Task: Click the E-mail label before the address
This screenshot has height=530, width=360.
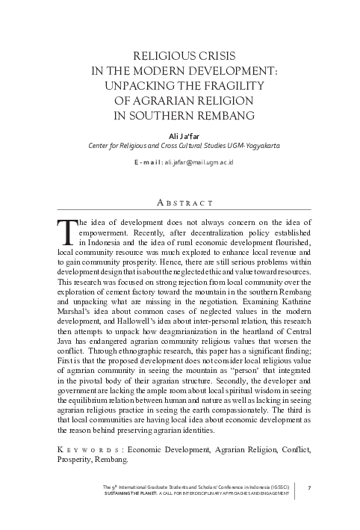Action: tap(147, 162)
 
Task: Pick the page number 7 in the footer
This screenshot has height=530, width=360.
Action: tap(308, 487)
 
